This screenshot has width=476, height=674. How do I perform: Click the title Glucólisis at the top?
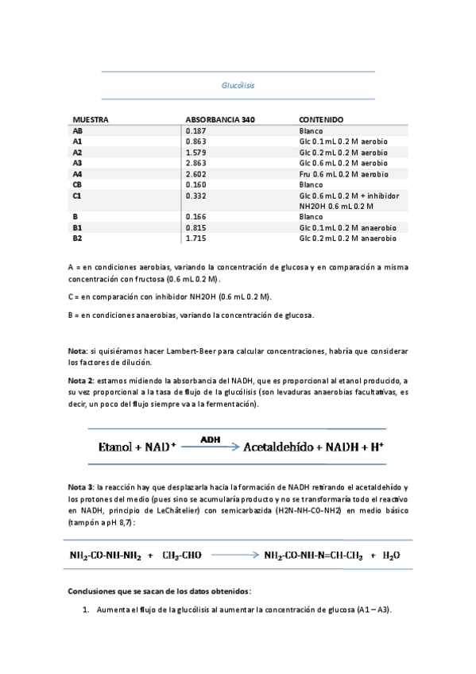pos(238,85)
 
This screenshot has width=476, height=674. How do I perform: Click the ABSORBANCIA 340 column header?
pos(220,119)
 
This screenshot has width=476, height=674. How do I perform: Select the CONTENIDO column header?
pos(322,119)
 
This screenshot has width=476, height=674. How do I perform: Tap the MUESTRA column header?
pos(91,119)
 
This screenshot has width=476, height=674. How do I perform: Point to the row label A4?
pos(77,173)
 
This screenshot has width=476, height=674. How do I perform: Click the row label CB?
pos(77,184)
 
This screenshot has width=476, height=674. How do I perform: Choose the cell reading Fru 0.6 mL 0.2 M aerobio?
pos(343,173)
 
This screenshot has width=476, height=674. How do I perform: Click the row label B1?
pos(77,227)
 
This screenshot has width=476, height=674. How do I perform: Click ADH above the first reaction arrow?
pos(211,439)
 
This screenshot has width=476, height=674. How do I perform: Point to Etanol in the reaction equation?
pos(118,447)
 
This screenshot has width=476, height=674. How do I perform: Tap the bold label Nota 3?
pos(81,486)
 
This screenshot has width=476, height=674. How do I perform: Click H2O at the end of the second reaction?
pos(391,556)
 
